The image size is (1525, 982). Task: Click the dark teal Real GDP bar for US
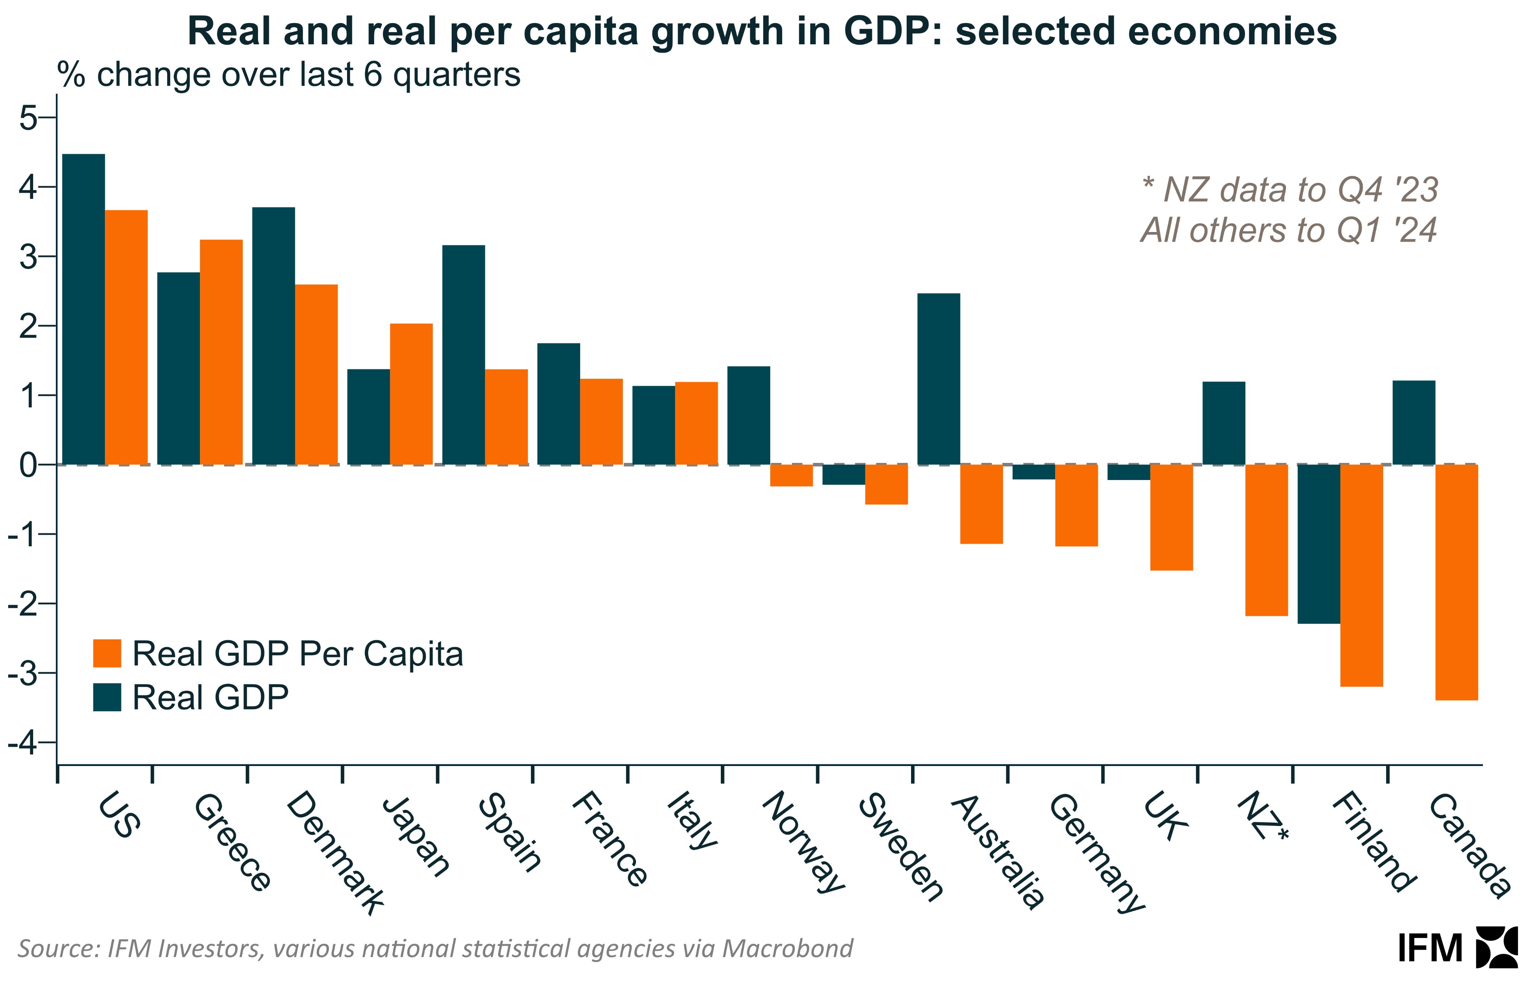pyautogui.click(x=83, y=309)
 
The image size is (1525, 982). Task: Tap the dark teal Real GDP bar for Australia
pyautogui.click(x=939, y=379)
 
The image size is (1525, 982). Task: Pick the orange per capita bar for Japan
pyautogui.click(x=411, y=394)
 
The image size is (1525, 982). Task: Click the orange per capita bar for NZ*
pyautogui.click(x=1266, y=540)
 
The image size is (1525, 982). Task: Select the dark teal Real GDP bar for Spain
pyautogui.click(x=464, y=355)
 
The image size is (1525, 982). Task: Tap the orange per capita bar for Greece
pyautogui.click(x=221, y=352)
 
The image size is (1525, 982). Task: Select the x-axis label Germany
pyautogui.click(x=1096, y=852)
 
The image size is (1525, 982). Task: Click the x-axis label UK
pyautogui.click(x=1165, y=817)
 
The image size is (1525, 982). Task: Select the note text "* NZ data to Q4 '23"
pyautogui.click(x=1289, y=190)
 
